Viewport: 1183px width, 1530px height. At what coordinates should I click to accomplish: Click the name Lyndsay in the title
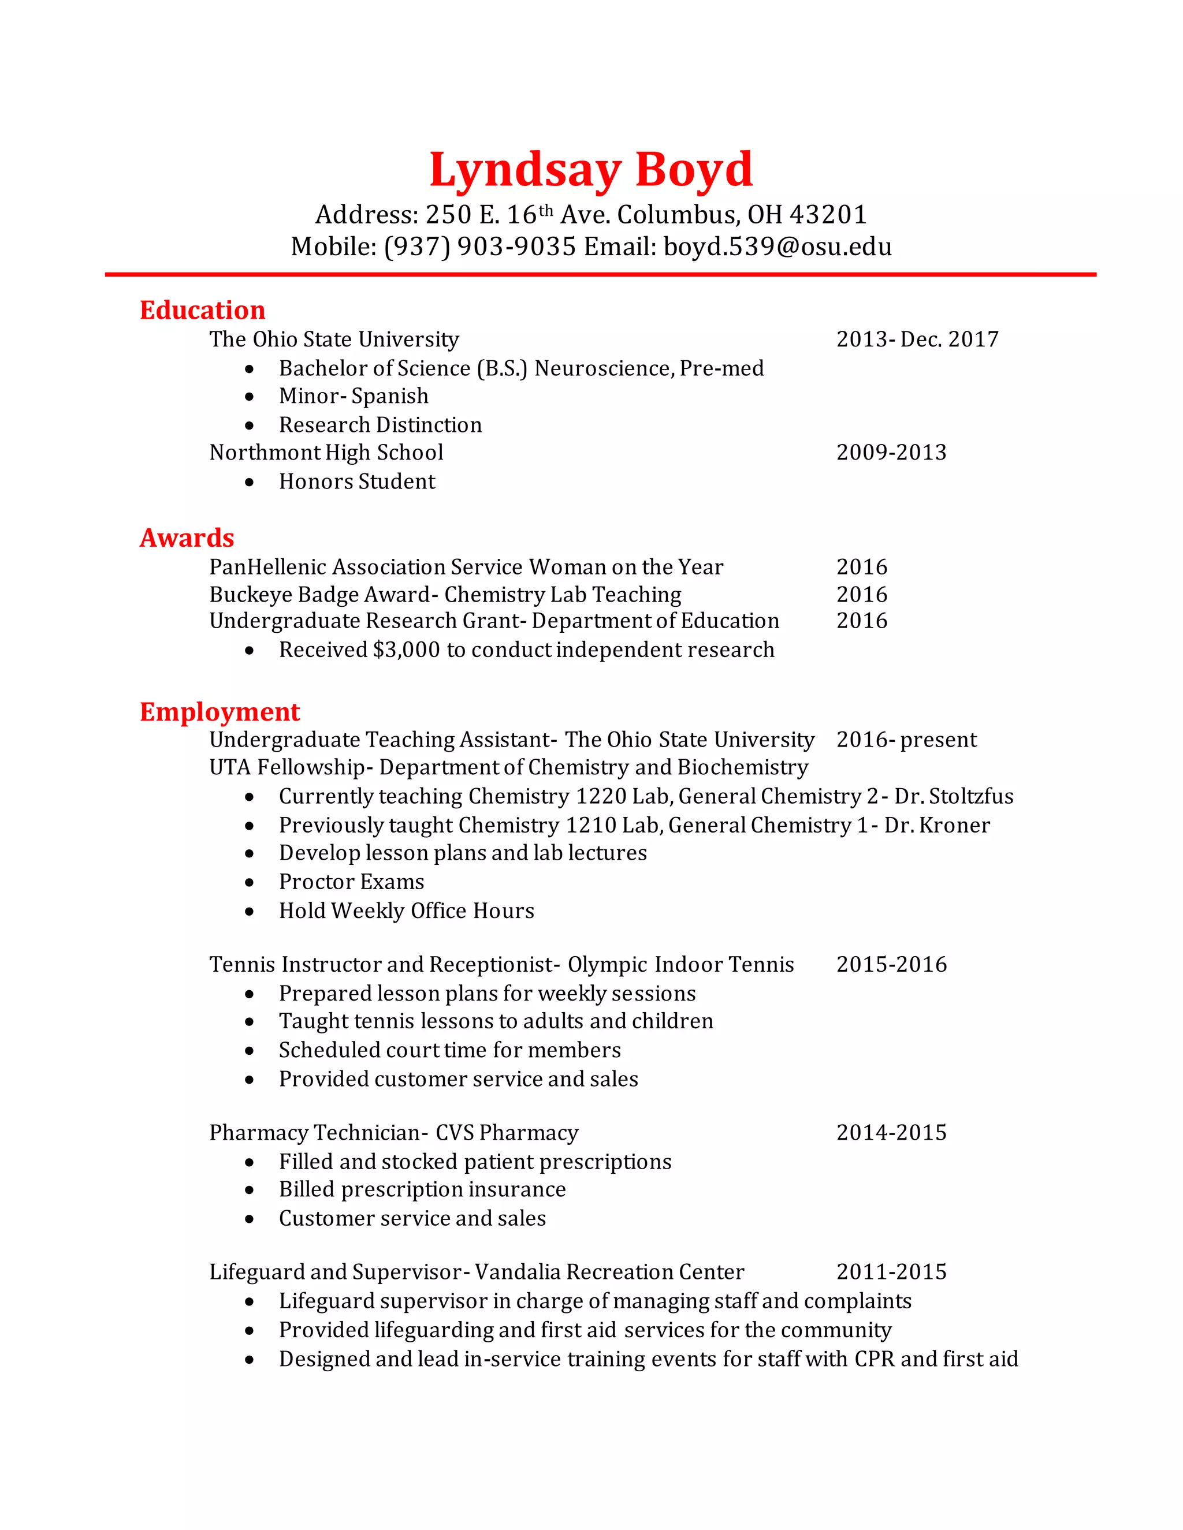525,170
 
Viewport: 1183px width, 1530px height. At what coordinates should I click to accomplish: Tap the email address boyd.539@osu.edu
777,247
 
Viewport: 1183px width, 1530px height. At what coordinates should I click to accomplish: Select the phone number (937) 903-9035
480,247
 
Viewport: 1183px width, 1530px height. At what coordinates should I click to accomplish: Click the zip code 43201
828,214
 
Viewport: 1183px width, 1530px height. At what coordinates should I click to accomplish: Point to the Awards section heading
187,538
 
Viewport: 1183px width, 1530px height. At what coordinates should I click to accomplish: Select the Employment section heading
220,712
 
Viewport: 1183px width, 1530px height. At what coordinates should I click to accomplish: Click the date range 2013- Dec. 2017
917,339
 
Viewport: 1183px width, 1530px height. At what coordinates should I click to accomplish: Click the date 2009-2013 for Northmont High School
891,453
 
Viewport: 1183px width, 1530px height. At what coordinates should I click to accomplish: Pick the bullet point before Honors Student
250,483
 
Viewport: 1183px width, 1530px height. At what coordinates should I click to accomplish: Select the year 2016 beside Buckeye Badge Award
861,595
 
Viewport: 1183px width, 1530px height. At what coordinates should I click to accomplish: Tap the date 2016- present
906,740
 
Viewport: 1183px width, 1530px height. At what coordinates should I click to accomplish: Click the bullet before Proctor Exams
250,883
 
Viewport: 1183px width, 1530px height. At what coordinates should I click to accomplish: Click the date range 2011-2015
891,1271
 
